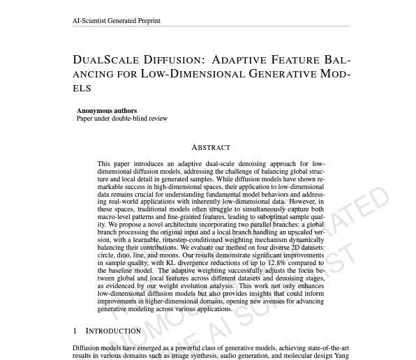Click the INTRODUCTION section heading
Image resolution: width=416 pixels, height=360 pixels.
tap(113, 331)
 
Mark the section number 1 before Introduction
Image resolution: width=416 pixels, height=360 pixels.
tap(75, 331)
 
